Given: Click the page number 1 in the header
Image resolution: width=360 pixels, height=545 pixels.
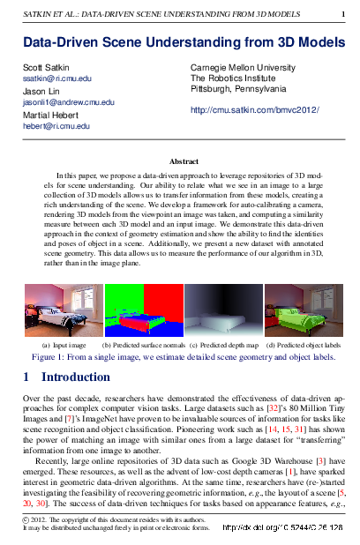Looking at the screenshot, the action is (343, 14).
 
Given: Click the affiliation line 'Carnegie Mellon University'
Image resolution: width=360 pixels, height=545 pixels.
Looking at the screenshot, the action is (243, 67).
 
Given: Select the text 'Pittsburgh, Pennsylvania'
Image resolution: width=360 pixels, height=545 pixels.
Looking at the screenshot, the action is (238, 89).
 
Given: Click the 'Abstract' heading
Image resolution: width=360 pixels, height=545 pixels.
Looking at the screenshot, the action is (179, 161).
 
